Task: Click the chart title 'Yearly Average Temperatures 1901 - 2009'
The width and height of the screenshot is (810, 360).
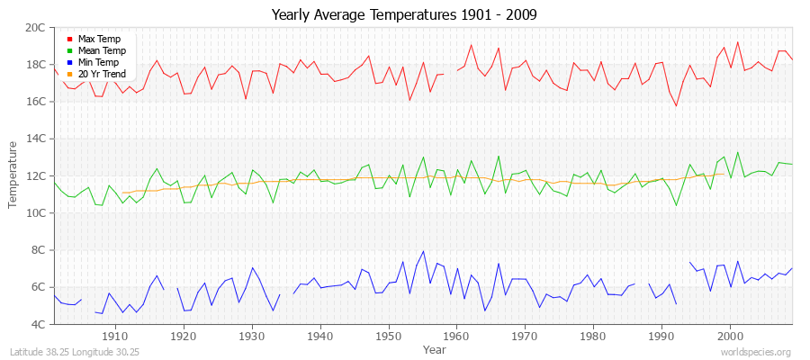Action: coord(404,15)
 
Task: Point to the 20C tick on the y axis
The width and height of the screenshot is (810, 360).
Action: coord(35,28)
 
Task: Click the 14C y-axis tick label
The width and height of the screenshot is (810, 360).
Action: coord(35,139)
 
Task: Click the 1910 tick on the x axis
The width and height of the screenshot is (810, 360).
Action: coord(115,336)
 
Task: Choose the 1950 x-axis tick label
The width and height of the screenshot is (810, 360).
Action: coord(388,336)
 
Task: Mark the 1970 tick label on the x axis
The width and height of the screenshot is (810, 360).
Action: coord(525,336)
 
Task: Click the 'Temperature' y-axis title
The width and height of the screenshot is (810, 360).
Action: coord(13,175)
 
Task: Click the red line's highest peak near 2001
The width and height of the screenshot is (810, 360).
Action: coord(737,42)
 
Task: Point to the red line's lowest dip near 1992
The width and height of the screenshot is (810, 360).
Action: coord(676,106)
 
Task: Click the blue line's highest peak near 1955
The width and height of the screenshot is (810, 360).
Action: coord(423,251)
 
